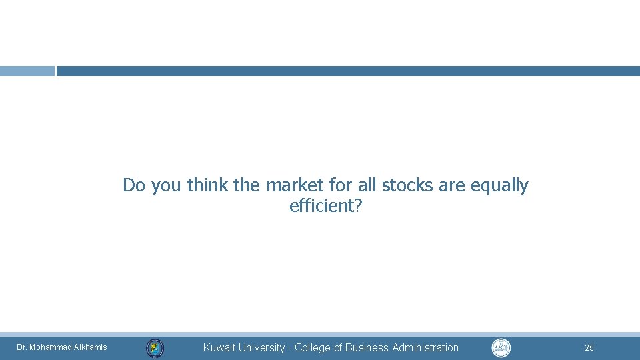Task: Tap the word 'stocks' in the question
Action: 407,185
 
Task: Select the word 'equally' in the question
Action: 499,186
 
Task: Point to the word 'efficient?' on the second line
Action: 326,206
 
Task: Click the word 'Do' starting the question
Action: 133,185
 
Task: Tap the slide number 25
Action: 589,347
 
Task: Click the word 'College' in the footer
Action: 313,347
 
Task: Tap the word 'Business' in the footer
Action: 367,347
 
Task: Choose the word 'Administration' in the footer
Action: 425,347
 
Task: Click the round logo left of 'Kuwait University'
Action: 155,347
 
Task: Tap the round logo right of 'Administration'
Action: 501,347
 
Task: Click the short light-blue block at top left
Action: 27,71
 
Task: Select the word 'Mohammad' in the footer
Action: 51,347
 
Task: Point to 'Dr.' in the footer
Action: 21,347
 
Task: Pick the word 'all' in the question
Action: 365,185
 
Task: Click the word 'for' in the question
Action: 340,185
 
